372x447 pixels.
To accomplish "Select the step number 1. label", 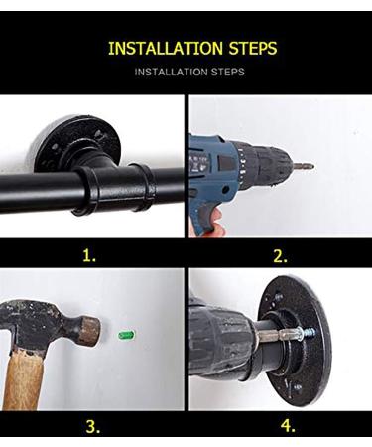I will tap(90, 255).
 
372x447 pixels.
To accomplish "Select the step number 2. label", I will tap(282, 255).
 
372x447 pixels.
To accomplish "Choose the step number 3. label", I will tap(92, 427).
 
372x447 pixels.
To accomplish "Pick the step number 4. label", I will tap(288, 427).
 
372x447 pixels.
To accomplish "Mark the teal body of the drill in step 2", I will tap(213, 159).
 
